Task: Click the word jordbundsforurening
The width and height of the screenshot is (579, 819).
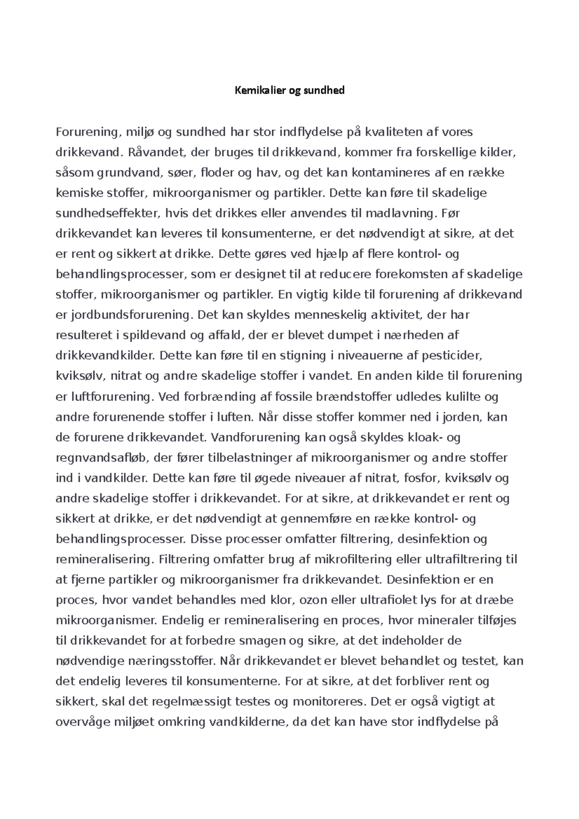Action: click(x=129, y=315)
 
